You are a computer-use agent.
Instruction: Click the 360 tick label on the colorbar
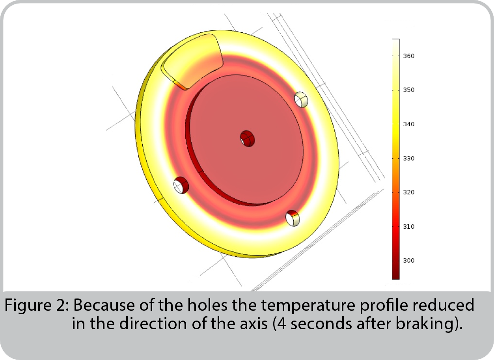click(409, 56)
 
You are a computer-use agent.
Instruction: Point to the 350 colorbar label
click(409, 90)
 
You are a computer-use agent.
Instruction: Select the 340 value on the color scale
click(409, 124)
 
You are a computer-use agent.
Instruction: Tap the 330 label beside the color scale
click(409, 159)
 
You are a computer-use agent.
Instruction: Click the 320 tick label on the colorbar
click(409, 192)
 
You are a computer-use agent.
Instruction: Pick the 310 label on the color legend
click(409, 227)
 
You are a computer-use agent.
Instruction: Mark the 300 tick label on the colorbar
click(409, 261)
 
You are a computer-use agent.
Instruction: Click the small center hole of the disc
click(248, 139)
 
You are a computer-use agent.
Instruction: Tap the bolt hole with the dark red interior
click(181, 185)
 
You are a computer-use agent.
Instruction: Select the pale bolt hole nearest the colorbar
click(301, 99)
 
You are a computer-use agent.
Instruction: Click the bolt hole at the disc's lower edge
click(293, 218)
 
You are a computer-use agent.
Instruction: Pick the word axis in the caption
click(254, 324)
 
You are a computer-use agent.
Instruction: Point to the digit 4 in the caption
click(282, 324)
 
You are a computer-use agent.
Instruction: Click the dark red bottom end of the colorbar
click(396, 276)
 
